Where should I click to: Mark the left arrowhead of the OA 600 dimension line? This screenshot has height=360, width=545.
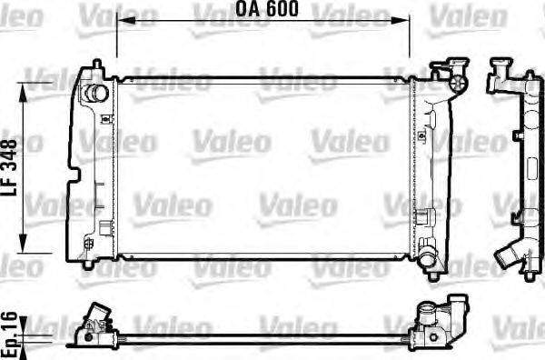click(x=122, y=20)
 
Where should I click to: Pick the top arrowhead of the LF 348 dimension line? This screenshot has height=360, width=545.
click(x=24, y=84)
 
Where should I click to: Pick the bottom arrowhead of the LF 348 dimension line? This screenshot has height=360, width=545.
click(x=24, y=245)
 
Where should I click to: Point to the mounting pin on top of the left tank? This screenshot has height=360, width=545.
click(x=95, y=66)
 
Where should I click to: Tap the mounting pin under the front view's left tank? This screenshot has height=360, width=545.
click(x=86, y=265)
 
